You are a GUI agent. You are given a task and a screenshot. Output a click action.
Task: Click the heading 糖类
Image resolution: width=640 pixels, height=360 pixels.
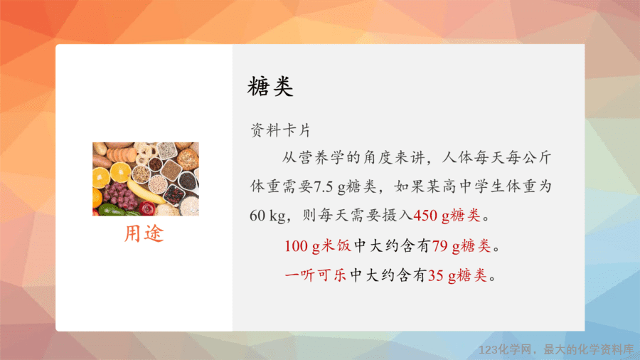click(270, 87)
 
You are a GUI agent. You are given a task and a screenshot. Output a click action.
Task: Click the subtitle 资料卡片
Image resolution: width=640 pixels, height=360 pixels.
click(280, 131)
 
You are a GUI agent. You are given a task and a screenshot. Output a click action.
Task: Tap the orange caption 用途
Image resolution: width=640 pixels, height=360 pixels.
click(144, 233)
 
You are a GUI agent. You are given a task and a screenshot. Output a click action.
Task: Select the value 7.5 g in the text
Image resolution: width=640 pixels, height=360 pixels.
click(330, 186)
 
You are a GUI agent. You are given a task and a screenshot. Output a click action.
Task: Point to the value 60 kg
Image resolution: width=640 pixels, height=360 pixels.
click(267, 216)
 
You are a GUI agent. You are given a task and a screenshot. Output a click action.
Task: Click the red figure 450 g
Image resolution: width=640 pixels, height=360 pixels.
click(432, 216)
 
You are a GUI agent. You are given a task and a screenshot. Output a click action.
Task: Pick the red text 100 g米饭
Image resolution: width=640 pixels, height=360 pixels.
click(318, 246)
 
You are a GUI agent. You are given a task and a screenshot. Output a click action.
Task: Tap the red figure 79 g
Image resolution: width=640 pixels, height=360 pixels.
click(446, 246)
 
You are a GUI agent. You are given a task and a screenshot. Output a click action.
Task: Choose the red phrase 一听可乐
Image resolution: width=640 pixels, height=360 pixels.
click(315, 275)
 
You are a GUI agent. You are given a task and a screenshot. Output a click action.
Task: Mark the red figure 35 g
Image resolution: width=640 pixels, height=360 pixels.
click(442, 275)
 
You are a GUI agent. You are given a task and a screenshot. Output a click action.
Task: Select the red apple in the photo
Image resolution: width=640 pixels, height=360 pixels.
click(148, 208)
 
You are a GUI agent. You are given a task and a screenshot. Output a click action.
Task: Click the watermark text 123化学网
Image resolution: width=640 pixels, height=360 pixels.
click(506, 350)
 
